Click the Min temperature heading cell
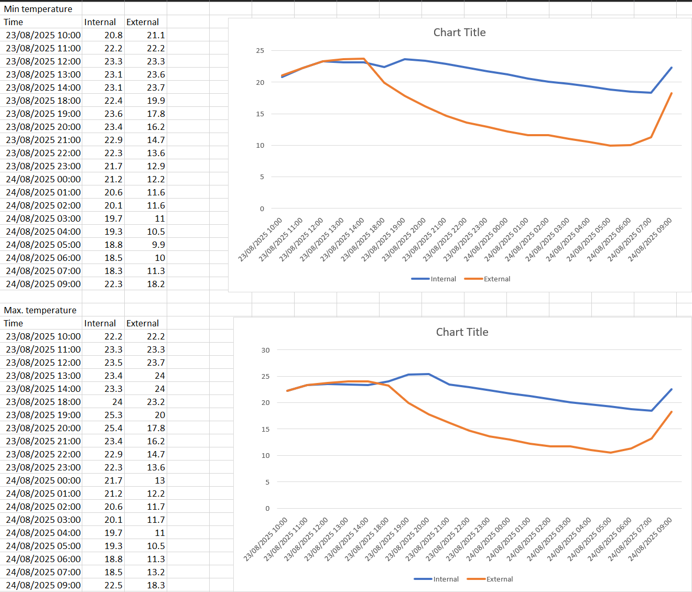pos(38,9)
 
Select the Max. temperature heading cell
pos(40,310)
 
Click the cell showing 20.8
pos(113,35)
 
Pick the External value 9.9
pos(158,245)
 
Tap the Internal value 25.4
pos(113,428)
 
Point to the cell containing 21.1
pos(156,35)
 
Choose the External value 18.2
pos(156,284)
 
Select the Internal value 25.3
pos(113,415)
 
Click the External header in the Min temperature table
pos(143,22)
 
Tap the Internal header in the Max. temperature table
pos(100,323)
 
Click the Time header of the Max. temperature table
pos(14,323)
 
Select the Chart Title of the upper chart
pos(459,32)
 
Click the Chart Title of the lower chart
pos(462,332)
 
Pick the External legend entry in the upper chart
pos(496,279)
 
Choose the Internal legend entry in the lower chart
pos(446,579)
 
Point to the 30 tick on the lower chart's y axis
pos(265,350)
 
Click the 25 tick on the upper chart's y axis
pos(260,51)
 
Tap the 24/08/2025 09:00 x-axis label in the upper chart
pos(651,239)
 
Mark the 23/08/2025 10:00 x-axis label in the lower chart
pos(266,539)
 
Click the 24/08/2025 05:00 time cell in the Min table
pos(43,245)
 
